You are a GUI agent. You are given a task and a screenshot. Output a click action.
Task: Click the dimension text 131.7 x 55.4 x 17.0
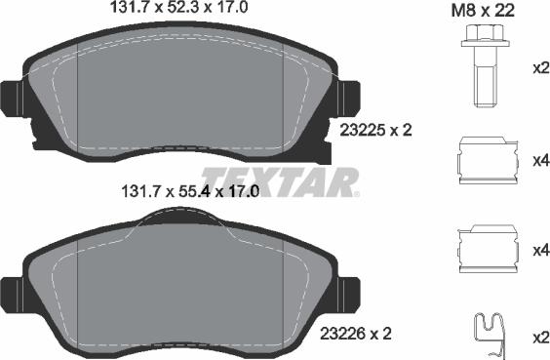(186, 192)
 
